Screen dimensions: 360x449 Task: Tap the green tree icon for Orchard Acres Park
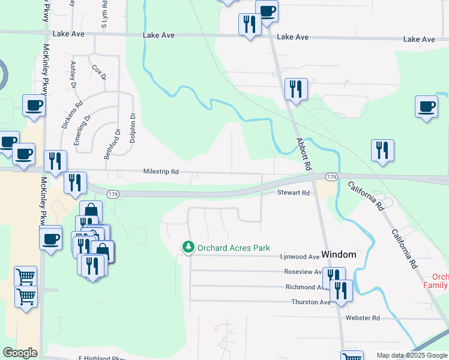coord(188,247)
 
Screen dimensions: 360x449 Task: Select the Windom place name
coord(339,254)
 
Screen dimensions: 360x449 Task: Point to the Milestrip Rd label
coord(161,172)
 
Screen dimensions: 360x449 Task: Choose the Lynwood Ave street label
coord(300,257)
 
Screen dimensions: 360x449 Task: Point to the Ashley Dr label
coord(74,74)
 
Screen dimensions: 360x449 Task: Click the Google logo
coord(20,353)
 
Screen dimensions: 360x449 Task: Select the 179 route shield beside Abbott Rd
coord(331,177)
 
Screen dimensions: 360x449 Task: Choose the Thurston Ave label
coord(310,302)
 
